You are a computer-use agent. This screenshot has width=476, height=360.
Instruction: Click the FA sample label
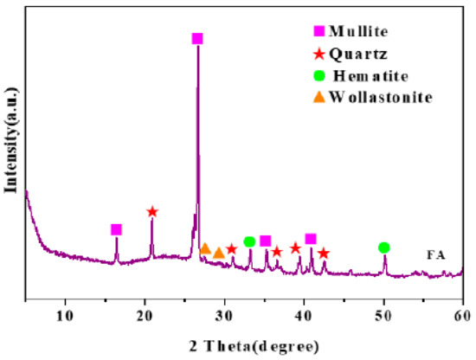(x=438, y=254)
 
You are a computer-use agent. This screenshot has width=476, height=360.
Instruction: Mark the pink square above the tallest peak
(x=197, y=39)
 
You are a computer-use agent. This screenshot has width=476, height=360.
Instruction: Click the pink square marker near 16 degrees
(x=117, y=229)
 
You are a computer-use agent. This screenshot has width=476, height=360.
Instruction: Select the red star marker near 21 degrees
(x=152, y=212)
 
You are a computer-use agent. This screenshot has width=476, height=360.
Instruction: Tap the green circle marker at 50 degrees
(x=384, y=247)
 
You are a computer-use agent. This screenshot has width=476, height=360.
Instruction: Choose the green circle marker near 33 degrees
(x=249, y=241)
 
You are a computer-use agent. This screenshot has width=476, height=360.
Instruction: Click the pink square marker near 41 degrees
(x=311, y=239)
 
